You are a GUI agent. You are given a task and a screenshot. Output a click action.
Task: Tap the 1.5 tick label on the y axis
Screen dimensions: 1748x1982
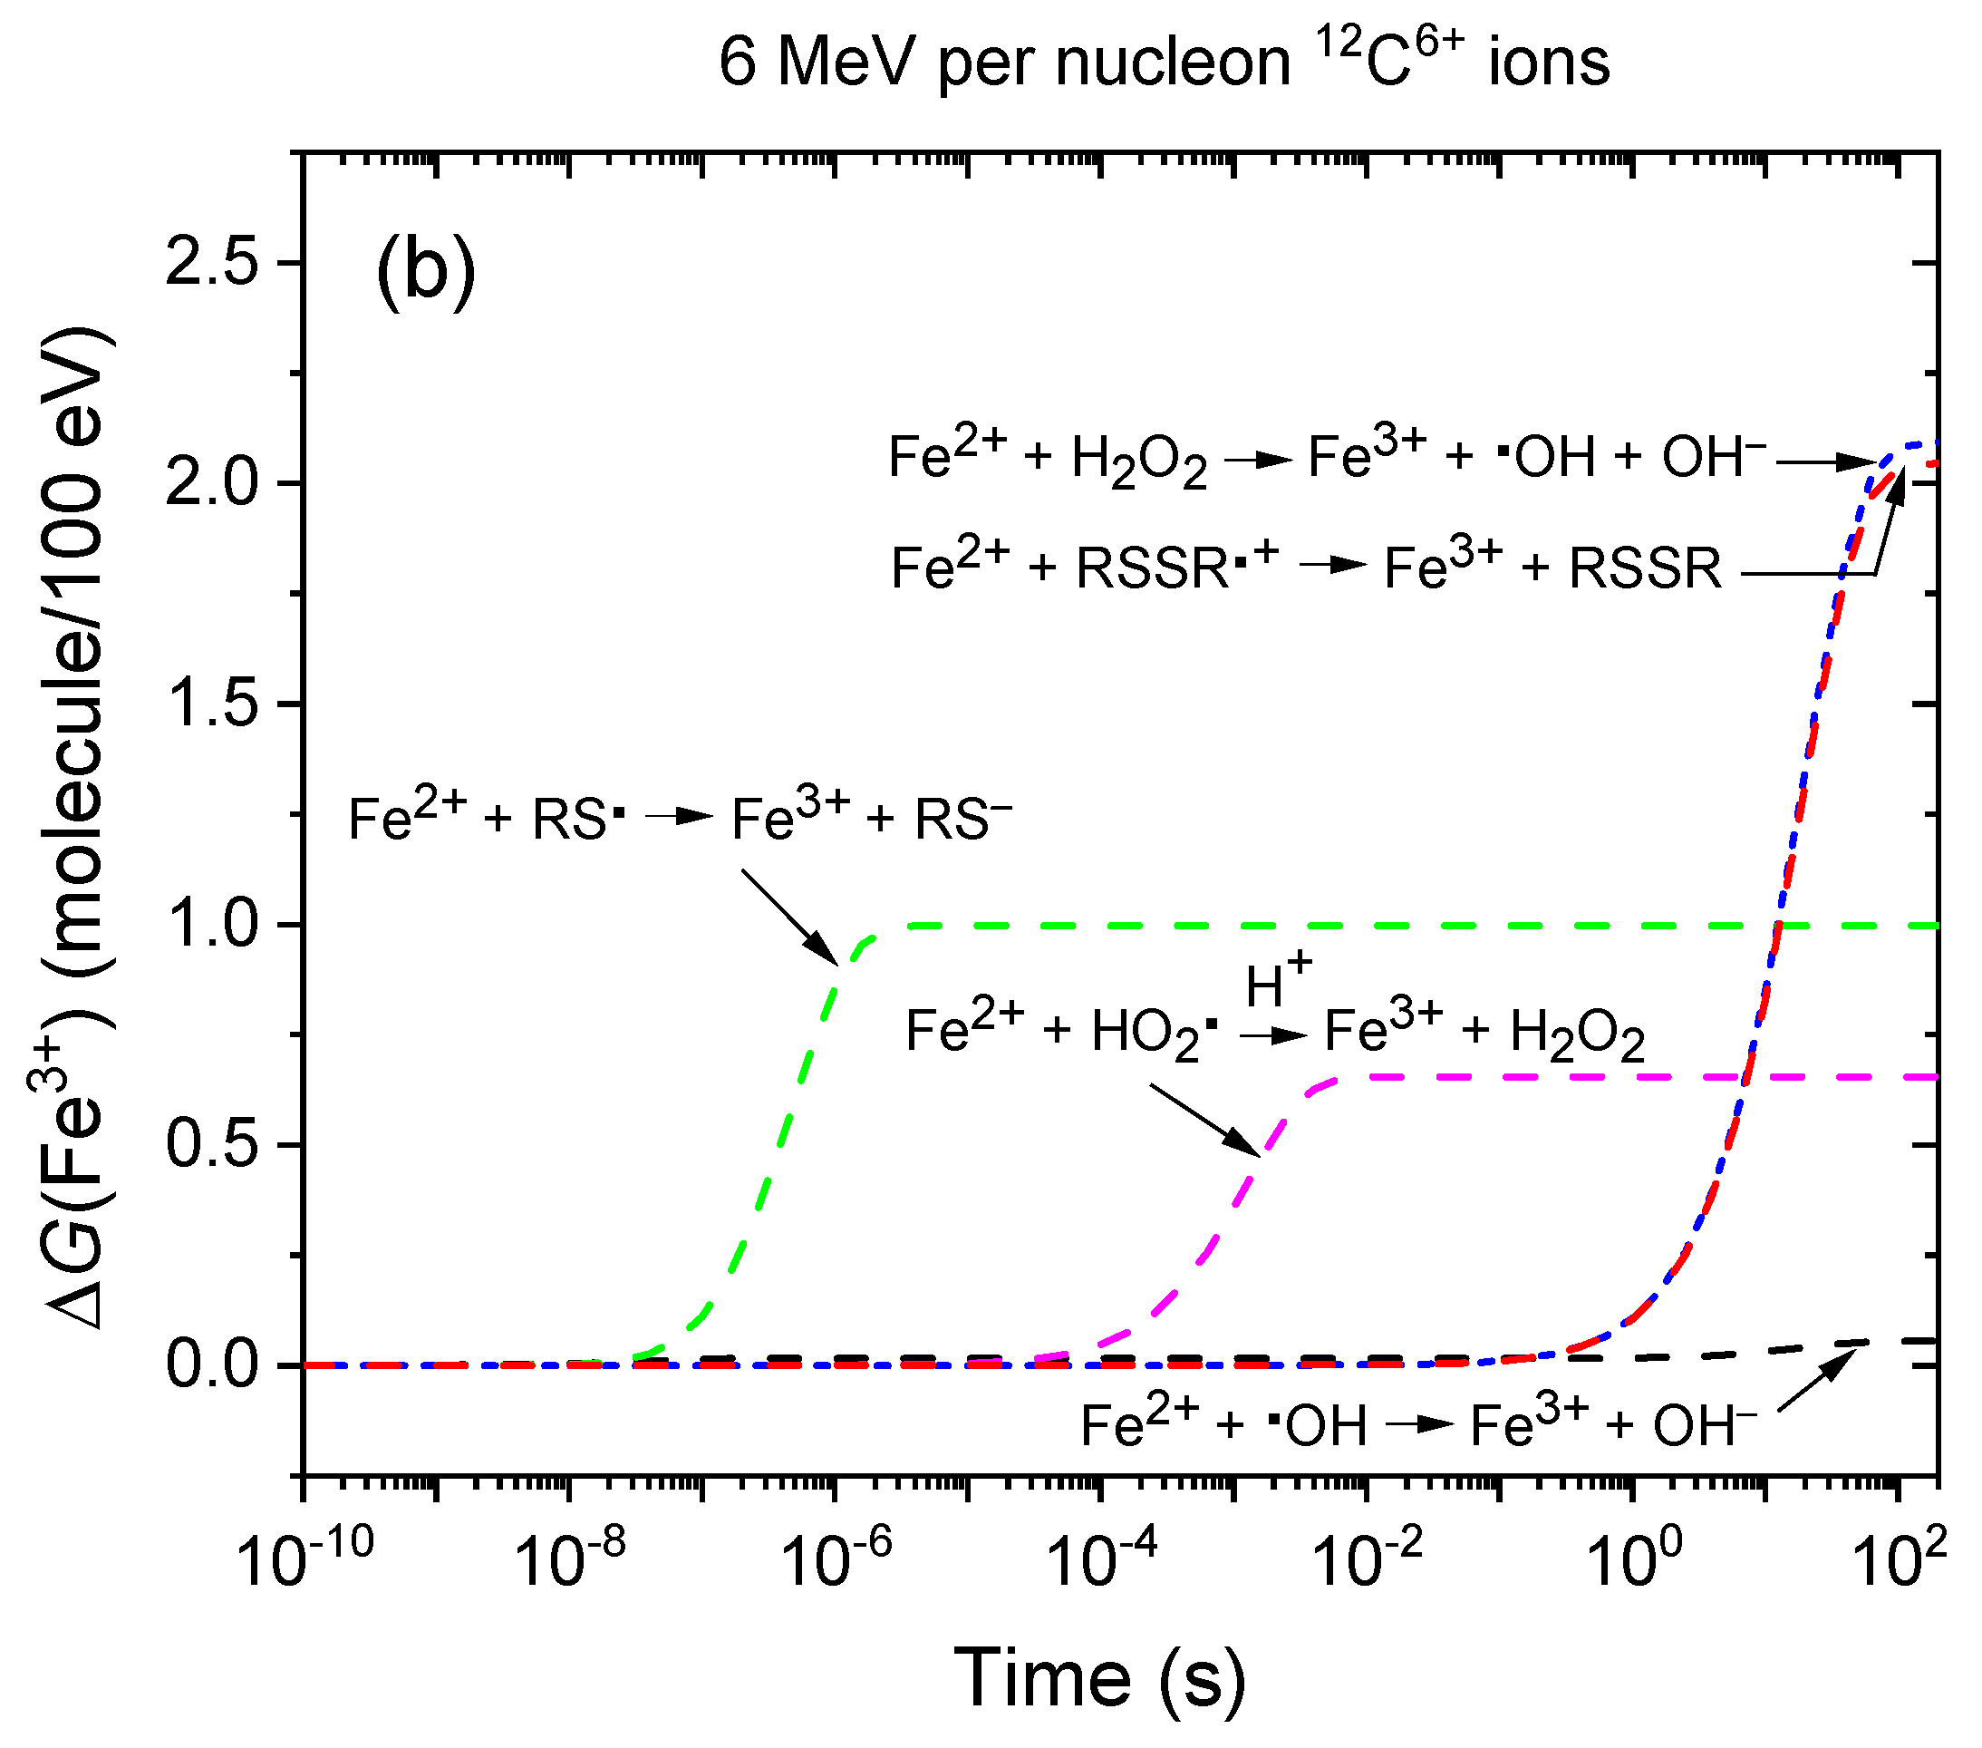213,704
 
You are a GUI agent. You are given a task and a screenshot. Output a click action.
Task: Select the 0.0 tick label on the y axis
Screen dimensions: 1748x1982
213,1364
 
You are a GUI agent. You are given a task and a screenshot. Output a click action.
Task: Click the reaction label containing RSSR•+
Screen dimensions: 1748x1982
1305,568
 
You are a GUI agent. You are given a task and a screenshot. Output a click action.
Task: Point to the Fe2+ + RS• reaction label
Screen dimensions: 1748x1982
680,819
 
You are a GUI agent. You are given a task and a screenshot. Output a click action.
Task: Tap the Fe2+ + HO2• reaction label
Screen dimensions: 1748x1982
1274,1031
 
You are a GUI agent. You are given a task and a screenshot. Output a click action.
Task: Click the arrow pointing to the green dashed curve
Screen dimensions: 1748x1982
789,917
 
